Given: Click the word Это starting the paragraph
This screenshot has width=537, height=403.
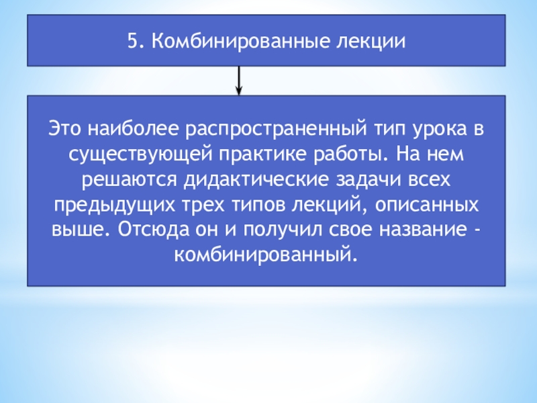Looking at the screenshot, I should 64,127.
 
